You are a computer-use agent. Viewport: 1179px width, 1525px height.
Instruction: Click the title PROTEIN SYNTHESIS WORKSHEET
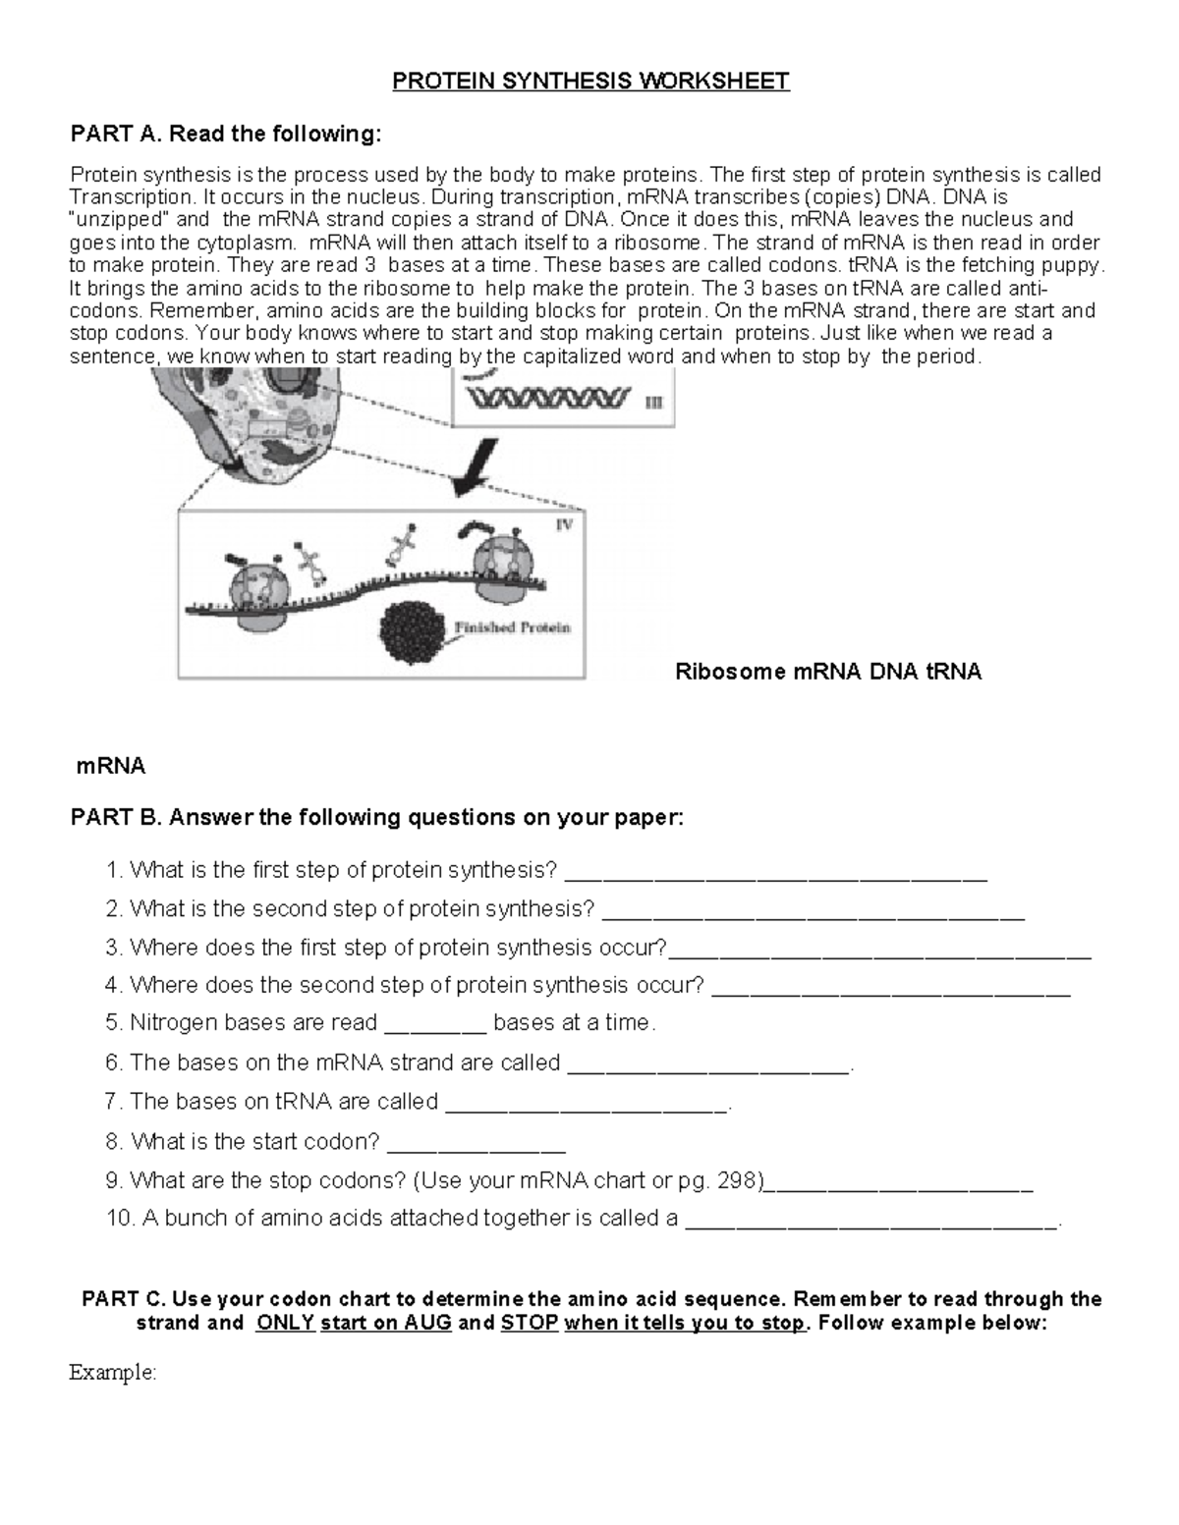(590, 82)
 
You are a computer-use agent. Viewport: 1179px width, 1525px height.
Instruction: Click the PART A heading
(225, 135)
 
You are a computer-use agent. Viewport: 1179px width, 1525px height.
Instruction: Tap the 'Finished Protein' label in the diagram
(512, 626)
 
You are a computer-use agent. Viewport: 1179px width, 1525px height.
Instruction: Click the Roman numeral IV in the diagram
(564, 524)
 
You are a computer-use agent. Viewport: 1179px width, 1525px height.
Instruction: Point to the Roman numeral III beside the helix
(653, 401)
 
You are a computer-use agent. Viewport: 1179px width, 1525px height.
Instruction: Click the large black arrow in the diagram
(477, 468)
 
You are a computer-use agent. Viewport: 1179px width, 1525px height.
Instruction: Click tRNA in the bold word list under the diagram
(954, 673)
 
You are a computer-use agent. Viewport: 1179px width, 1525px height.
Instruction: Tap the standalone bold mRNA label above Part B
(111, 766)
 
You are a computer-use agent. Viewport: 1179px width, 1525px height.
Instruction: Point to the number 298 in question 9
(739, 1180)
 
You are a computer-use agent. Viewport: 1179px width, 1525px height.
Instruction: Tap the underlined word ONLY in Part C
(285, 1323)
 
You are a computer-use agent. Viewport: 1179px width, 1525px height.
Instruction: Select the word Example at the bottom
(112, 1373)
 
